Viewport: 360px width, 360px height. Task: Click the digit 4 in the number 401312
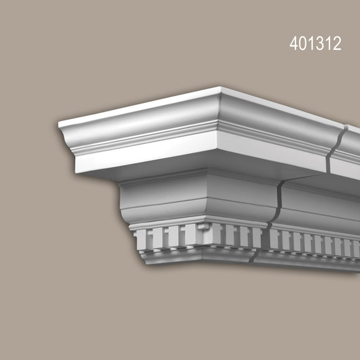294,44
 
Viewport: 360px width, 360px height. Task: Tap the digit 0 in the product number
302,44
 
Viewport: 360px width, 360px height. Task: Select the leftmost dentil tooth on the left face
138,238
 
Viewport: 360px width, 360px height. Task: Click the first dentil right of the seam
275,240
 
